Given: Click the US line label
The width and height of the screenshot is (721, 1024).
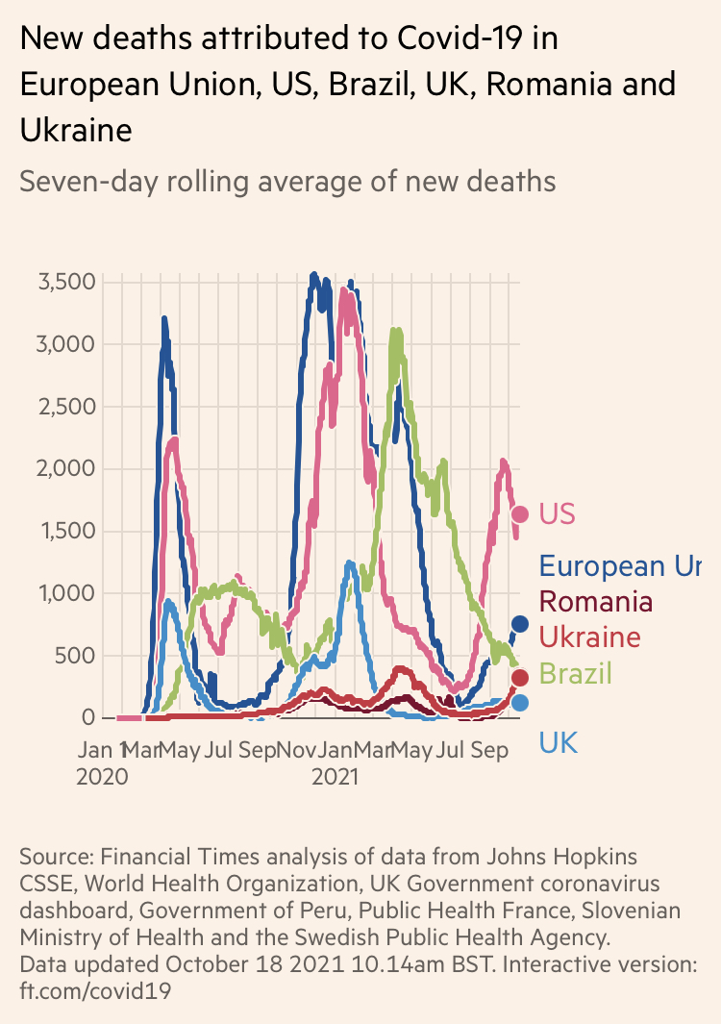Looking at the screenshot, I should (558, 513).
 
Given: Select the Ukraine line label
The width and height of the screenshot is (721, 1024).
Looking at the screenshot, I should (589, 637).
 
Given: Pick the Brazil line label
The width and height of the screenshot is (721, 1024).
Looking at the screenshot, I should (575, 673).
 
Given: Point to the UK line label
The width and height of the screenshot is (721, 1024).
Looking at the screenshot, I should (559, 742).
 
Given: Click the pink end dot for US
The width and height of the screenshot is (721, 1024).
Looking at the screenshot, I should (520, 514).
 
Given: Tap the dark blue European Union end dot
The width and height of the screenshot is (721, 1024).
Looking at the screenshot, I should (520, 624).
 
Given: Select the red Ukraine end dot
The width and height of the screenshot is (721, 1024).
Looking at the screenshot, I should (520, 678).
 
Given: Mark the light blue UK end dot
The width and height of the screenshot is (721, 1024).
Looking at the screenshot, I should (520, 703).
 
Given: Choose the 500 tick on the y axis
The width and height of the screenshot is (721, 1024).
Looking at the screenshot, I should (76, 656).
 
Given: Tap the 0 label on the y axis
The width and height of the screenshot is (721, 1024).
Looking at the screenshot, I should (88, 717).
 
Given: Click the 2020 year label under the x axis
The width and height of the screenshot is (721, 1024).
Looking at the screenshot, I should (102, 776).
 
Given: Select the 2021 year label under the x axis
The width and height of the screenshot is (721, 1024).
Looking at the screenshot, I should (335, 776).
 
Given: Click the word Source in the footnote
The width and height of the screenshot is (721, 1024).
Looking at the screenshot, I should (54, 856).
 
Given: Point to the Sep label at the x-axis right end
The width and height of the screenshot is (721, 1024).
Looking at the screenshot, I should (489, 748).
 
